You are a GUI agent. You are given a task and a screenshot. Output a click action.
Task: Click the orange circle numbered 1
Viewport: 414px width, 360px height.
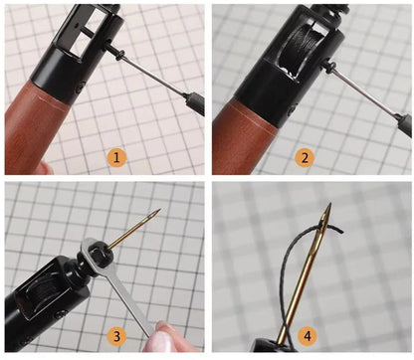(116, 157)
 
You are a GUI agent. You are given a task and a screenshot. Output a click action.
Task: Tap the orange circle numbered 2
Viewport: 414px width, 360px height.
(305, 157)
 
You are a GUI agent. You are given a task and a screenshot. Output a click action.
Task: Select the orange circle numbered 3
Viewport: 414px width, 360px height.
(116, 336)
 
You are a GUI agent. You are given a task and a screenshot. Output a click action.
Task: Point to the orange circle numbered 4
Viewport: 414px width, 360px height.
(308, 336)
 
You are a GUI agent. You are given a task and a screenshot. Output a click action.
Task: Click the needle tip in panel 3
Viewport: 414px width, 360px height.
(160, 209)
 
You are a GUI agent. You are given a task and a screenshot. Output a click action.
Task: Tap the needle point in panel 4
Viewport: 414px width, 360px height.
(329, 204)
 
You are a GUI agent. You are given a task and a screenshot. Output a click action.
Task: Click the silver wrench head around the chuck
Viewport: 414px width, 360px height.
(98, 257)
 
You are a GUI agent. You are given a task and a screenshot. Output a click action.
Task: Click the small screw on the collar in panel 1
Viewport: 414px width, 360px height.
(80, 89)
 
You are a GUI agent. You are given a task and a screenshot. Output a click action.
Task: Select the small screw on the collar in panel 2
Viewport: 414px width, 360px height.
(292, 108)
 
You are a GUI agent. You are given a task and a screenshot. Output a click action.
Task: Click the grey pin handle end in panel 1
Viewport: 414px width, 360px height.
(195, 103)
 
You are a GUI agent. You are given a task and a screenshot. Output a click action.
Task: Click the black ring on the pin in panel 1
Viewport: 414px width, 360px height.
(121, 56)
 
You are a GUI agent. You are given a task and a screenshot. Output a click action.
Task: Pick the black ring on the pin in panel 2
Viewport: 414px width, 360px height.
(330, 68)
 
